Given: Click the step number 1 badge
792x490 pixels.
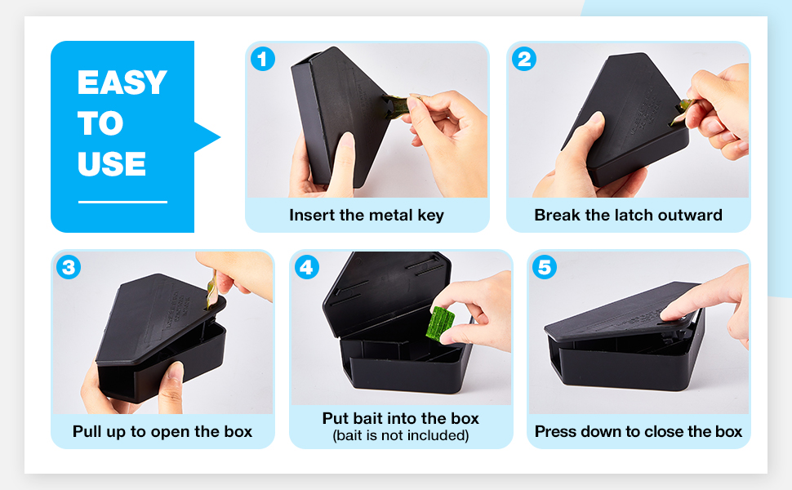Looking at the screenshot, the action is click(x=263, y=59).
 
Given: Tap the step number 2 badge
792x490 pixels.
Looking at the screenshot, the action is click(x=524, y=59).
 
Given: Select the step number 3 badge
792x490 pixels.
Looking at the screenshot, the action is click(x=69, y=267).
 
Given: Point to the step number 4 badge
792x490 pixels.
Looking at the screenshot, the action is click(x=307, y=267).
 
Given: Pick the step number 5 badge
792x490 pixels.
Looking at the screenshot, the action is click(x=545, y=267).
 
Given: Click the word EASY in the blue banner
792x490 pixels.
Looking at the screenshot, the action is click(x=122, y=82).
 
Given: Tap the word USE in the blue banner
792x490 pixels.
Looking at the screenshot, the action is click(x=112, y=163).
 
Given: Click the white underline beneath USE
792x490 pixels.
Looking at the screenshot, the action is click(x=122, y=202).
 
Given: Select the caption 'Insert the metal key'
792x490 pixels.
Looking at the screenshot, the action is click(x=367, y=216).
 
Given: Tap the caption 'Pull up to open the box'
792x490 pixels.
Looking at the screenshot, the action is click(x=162, y=432).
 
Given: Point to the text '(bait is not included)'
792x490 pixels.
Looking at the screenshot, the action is click(x=401, y=435).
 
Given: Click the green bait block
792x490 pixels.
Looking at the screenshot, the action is click(x=440, y=323).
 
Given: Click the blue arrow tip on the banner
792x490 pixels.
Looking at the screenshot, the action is click(x=220, y=137).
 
